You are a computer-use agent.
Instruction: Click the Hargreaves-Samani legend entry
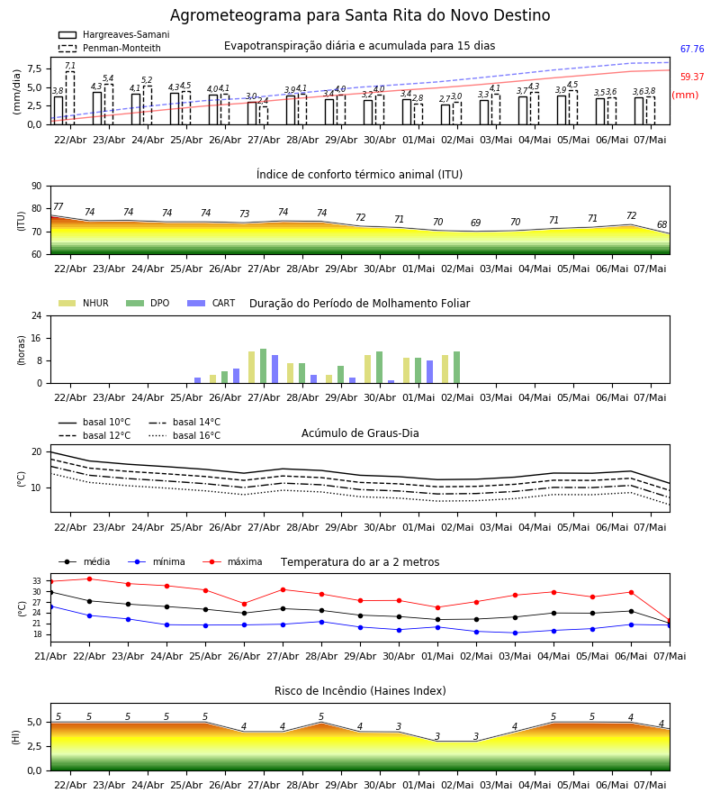click(x=113, y=34)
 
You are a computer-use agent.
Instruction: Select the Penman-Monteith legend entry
click(x=110, y=48)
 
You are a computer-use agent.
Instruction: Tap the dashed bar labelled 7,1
click(x=69, y=97)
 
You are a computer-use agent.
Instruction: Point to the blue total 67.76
click(x=692, y=50)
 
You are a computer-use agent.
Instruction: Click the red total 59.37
click(x=692, y=77)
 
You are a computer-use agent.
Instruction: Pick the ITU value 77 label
click(x=58, y=207)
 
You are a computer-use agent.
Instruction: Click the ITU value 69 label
click(x=476, y=223)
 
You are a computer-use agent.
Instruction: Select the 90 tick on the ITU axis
click(x=37, y=187)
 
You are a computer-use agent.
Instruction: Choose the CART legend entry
click(x=211, y=303)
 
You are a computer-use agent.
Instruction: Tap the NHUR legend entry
click(x=84, y=303)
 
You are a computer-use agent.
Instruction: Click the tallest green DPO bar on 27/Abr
click(x=264, y=366)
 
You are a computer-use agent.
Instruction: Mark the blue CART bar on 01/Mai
click(x=429, y=372)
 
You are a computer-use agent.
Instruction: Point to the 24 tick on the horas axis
click(x=37, y=315)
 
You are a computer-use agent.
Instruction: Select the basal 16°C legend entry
click(x=184, y=435)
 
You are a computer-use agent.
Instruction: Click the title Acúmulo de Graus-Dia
click(x=360, y=433)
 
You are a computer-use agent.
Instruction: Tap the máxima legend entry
click(x=232, y=561)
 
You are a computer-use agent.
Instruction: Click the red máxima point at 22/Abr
click(x=89, y=579)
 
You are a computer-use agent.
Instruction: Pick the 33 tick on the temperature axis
click(x=37, y=581)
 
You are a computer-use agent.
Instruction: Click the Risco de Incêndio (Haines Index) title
click(x=360, y=691)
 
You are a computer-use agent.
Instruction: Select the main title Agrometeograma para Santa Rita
click(x=360, y=15)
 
